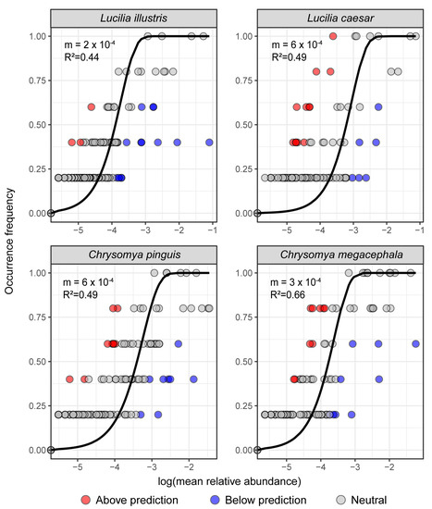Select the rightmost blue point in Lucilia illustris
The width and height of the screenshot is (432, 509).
tap(210, 142)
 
